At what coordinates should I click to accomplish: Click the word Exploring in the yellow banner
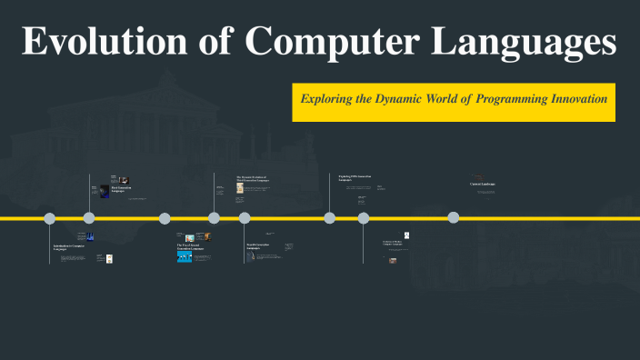tap(330, 97)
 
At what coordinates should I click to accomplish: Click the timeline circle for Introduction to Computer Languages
tap(50, 218)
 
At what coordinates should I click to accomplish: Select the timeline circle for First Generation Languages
tap(89, 218)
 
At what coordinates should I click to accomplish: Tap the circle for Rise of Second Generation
tap(165, 218)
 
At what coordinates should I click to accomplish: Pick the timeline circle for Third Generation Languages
tap(214, 218)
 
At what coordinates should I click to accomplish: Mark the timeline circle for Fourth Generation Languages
tap(245, 218)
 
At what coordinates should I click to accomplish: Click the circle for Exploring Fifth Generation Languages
tap(330, 218)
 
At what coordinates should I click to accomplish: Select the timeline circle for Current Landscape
tap(453, 218)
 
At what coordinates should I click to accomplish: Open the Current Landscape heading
tap(482, 185)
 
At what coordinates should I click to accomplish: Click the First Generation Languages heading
tap(123, 189)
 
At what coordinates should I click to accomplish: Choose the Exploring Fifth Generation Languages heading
tap(355, 177)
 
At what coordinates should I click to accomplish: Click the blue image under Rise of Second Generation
tap(185, 256)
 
